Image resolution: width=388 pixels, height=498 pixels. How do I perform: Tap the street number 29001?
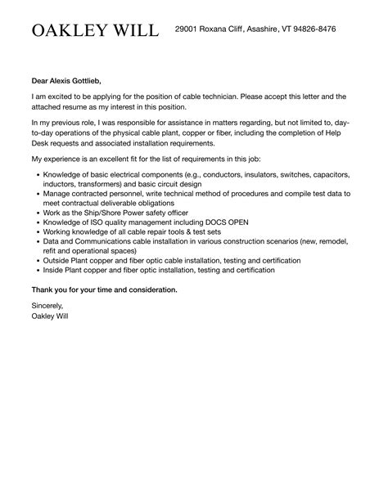click(190, 29)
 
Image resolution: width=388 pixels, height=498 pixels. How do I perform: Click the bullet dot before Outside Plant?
click(38, 261)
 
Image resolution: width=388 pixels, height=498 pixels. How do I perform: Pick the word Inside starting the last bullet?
click(55, 271)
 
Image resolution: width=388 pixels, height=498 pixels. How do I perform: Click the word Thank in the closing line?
click(44, 289)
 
